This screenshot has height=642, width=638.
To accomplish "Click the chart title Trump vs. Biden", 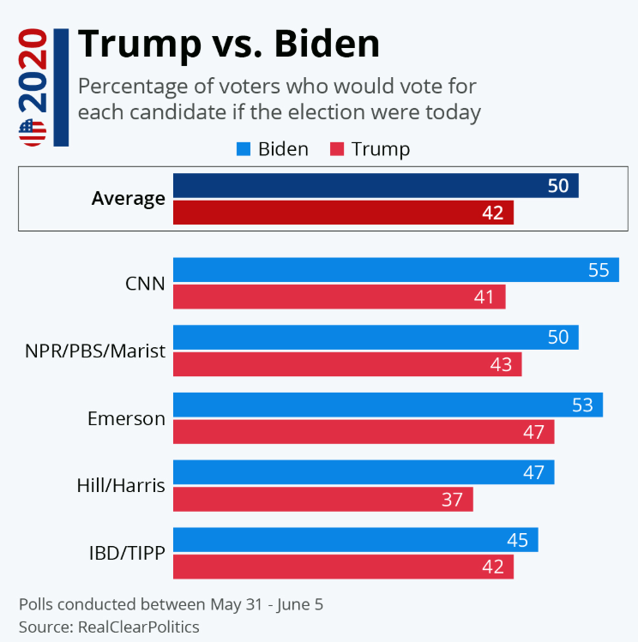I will click(228, 44).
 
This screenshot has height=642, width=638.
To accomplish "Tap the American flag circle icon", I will click(32, 132).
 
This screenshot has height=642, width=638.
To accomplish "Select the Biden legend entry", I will click(273, 149).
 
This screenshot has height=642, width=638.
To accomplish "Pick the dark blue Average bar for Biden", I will click(375, 185).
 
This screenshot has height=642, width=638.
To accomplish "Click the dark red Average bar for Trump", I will click(343, 213).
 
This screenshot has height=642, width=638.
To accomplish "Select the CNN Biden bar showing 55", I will click(395, 269).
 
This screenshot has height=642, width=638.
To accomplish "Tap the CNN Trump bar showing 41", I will click(339, 297).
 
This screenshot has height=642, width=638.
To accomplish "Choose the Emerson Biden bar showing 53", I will click(388, 405).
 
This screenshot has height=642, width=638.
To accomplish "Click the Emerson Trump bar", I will click(364, 431).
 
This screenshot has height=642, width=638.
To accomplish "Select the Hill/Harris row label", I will click(121, 485).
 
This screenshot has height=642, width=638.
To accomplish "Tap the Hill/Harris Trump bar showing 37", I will click(322, 499).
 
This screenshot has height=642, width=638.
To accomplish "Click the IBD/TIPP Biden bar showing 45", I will click(355, 539).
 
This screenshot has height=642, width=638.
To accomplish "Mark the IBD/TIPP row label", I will click(127, 553).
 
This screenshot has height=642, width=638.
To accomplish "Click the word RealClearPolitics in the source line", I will click(138, 627).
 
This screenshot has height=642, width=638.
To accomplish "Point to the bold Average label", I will click(128, 199).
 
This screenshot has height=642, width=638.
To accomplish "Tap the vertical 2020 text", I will click(33, 73).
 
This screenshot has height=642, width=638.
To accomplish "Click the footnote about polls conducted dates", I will click(171, 604).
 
